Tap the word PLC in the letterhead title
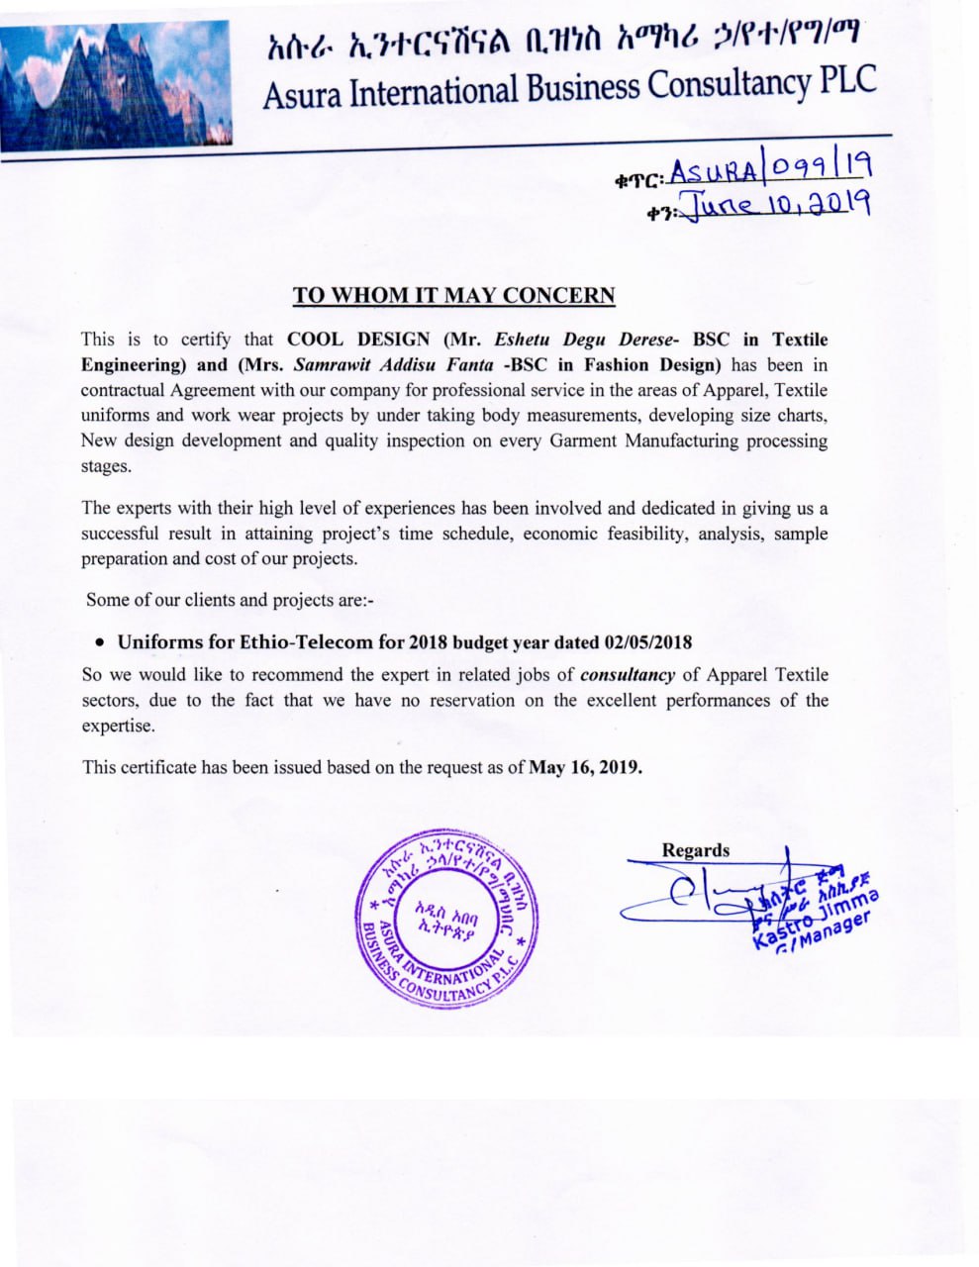point(848,81)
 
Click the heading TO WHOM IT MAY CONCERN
point(453,295)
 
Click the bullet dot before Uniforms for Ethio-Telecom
point(100,641)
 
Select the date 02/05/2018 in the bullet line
point(647,641)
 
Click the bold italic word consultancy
point(628,675)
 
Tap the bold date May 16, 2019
point(586,766)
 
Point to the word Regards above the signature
point(695,850)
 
